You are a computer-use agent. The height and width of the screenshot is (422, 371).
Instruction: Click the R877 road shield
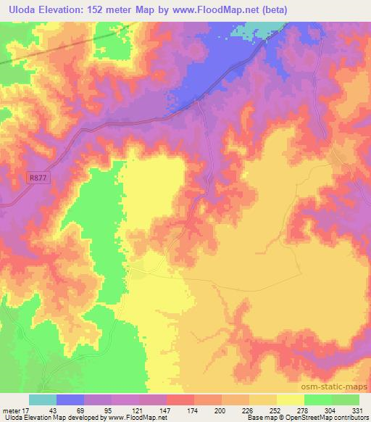[x=38, y=176]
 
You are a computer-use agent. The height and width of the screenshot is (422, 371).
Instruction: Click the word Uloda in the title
[x=19, y=9]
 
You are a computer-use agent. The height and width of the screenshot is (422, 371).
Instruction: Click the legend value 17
[x=28, y=410]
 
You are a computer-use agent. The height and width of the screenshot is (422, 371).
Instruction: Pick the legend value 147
[x=167, y=410]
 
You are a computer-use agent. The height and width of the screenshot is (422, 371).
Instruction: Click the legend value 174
[x=194, y=410]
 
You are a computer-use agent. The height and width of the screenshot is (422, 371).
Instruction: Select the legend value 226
[x=249, y=410]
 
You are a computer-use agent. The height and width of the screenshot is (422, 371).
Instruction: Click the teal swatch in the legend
[x=43, y=400]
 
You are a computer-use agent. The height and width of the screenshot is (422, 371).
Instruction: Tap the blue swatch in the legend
[x=70, y=400]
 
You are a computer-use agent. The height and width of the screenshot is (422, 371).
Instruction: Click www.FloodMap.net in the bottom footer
[x=137, y=418]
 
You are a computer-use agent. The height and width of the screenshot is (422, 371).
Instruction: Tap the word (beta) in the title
[x=279, y=9]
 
